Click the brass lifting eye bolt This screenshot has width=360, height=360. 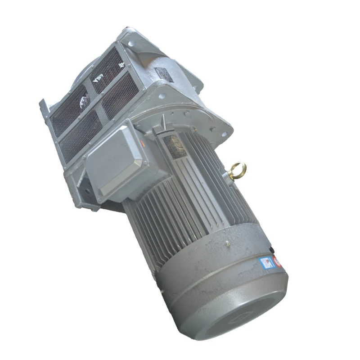tap(237, 171)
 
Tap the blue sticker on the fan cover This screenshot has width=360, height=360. tap(268, 262)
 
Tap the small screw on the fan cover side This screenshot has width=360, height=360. tap(228, 244)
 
